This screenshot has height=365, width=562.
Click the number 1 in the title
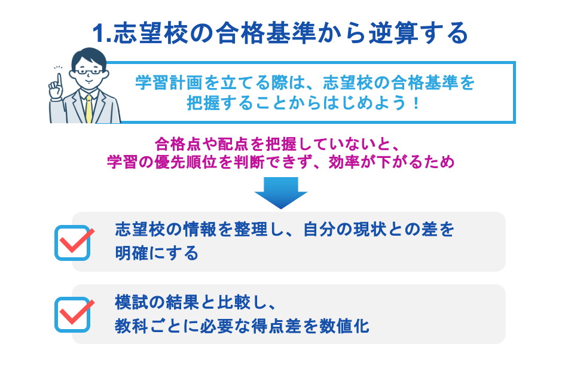(100, 34)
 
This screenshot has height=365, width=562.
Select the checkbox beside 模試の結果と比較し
(72, 314)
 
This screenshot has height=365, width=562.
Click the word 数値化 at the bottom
(347, 327)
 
